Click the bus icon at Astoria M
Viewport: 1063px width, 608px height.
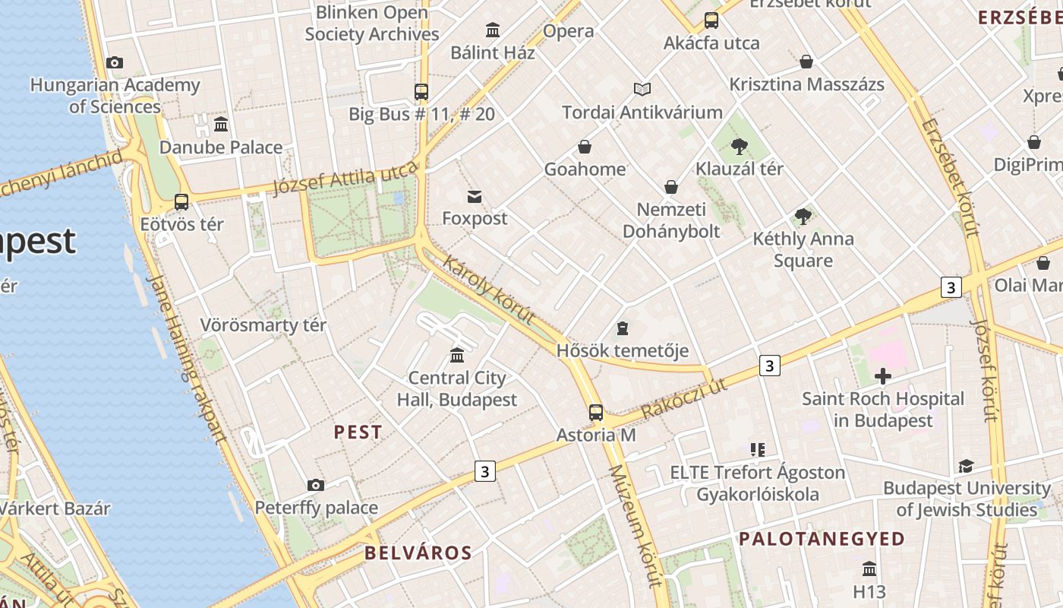596,413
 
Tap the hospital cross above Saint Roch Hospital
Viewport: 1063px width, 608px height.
882,376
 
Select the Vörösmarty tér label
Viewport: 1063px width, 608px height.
263,325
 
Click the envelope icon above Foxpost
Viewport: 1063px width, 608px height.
475,197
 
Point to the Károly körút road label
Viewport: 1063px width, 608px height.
489,290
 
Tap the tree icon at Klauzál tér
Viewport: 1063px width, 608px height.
739,147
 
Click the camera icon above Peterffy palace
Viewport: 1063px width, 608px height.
316,485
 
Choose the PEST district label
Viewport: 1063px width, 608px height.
358,432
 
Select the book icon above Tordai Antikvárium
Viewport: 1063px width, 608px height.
642,90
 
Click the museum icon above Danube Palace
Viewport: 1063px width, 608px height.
221,124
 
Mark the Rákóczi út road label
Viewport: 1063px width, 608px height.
683,399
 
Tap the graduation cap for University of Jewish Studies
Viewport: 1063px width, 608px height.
966,466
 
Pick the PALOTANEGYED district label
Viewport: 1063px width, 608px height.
822,540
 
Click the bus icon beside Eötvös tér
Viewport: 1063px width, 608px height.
181,202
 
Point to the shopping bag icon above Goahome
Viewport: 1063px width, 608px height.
585,147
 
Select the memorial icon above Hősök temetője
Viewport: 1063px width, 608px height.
623,328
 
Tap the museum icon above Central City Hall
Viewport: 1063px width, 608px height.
457,355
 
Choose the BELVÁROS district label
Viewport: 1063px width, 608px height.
418,553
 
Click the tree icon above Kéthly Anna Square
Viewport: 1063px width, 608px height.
803,217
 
